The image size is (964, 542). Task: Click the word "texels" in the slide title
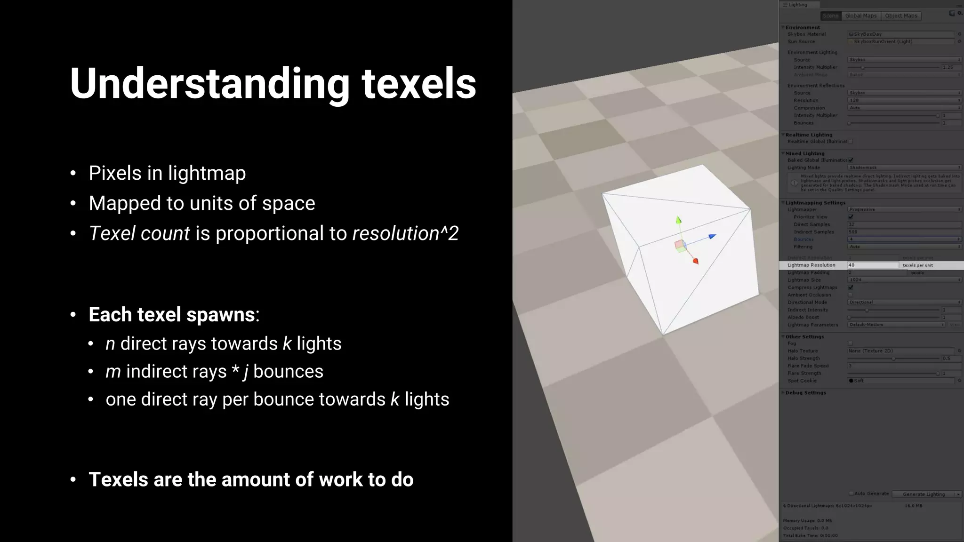418,83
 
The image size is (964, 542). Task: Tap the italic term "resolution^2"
405,233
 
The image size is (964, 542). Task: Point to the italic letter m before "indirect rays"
113,372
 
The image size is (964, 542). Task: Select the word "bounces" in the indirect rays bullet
288,372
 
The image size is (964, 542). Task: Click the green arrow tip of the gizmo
678,219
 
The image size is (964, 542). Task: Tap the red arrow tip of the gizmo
696,261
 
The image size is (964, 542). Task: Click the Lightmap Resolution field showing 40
873,265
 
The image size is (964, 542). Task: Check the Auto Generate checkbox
851,494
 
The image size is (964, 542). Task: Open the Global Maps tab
861,16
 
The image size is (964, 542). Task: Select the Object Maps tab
901,16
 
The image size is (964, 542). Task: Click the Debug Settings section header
805,393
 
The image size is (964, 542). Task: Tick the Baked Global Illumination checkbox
851,160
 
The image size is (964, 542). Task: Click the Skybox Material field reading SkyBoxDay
901,34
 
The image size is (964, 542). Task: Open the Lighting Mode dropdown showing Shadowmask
904,168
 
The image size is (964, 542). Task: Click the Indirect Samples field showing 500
904,232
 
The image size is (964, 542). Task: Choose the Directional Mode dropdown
904,303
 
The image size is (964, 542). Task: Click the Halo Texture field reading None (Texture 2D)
901,351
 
